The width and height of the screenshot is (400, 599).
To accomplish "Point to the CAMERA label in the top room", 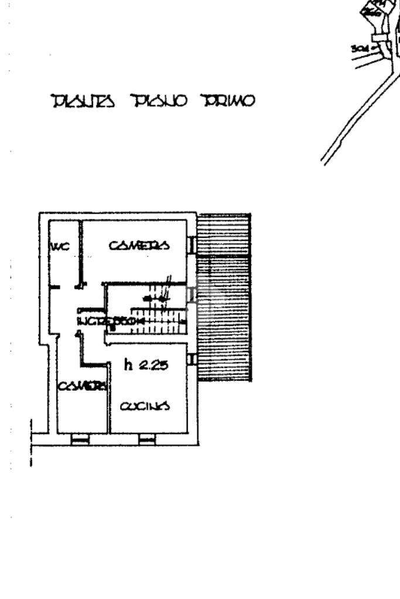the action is click(139, 245).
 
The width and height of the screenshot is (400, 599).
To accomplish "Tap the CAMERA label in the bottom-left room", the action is click(82, 386).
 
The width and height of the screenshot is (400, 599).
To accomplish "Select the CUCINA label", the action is click(145, 405).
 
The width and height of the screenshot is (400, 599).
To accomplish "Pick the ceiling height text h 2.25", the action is click(146, 366).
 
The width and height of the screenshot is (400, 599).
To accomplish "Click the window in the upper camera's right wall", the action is click(191, 245).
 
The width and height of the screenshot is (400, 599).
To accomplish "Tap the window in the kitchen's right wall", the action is click(191, 359).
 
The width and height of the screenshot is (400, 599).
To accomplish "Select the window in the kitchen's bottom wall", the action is click(147, 439).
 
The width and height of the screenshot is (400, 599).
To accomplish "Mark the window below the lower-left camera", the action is click(80, 439).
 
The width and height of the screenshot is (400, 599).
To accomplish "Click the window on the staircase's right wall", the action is click(191, 295).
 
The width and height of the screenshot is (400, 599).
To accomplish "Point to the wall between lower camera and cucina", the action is click(109, 398).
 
